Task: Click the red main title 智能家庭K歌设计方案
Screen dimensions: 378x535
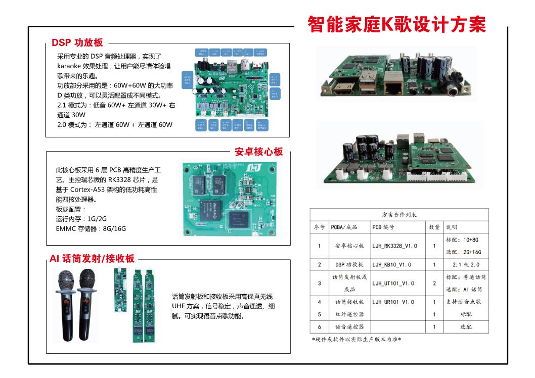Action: click(396, 25)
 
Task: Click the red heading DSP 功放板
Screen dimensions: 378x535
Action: click(77, 43)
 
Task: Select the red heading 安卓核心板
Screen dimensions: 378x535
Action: click(258, 152)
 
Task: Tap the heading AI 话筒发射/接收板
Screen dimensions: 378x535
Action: click(92, 259)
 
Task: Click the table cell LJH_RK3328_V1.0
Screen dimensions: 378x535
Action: click(394, 246)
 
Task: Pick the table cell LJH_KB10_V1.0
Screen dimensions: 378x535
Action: click(391, 265)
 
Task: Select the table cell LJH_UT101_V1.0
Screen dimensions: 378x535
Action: click(393, 283)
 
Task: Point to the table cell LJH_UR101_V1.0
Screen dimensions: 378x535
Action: click(393, 302)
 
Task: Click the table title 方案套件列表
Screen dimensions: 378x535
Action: click(399, 215)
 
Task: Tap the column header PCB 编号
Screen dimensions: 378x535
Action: click(384, 227)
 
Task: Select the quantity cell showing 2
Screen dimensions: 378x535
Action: click(434, 283)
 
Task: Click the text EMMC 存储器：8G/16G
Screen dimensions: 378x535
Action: click(91, 228)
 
